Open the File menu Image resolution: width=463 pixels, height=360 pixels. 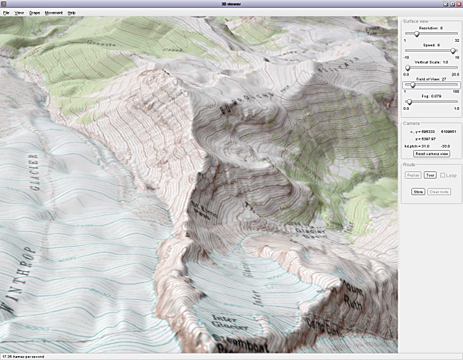(6, 13)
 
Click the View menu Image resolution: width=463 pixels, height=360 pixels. (19, 13)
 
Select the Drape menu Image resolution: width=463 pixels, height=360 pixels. (34, 13)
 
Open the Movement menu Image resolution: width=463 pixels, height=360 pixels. (54, 13)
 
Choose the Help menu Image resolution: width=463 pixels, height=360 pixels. (71, 13)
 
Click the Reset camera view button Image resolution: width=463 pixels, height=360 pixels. (431, 154)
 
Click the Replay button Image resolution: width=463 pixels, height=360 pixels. (413, 175)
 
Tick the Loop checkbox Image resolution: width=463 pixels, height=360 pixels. (443, 175)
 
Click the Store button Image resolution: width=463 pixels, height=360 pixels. (418, 191)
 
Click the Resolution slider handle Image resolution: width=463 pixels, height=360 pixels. (416, 34)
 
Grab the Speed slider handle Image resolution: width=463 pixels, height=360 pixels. (453, 51)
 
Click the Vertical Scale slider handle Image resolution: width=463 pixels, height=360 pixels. (407, 67)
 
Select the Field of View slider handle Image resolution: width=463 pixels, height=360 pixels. (413, 85)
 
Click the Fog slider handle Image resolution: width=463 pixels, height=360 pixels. (409, 101)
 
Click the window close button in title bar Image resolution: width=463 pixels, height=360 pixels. (458, 4)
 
